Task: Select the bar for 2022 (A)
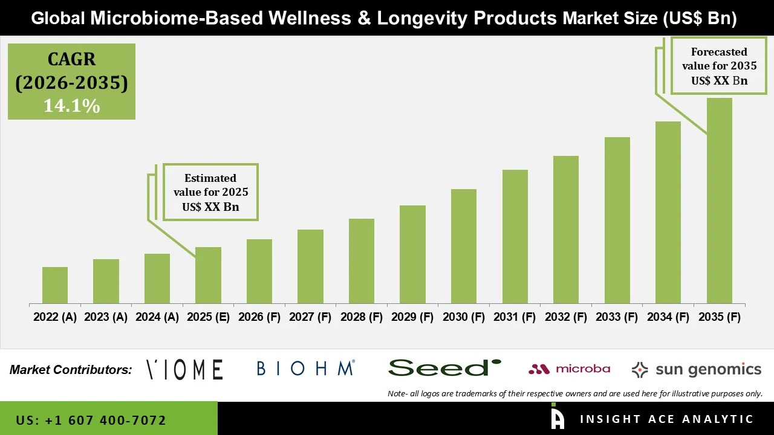[55, 285]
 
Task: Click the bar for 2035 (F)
[719, 201]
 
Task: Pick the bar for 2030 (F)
[463, 246]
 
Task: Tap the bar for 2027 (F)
[310, 266]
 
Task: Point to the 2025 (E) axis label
[208, 317]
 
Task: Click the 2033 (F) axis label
[617, 317]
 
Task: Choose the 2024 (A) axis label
[157, 317]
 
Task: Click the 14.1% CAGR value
[71, 106]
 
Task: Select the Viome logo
[185, 369]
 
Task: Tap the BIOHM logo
[305, 369]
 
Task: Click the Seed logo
[444, 368]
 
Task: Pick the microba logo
[569, 369]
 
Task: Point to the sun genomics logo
[696, 369]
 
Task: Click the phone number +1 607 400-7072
[91, 420]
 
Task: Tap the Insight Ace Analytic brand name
[666, 419]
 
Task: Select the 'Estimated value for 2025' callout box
[210, 192]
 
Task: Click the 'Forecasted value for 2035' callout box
[719, 66]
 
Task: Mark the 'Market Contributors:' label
[71, 370]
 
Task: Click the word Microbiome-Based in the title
[178, 18]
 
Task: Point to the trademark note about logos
[575, 393]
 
